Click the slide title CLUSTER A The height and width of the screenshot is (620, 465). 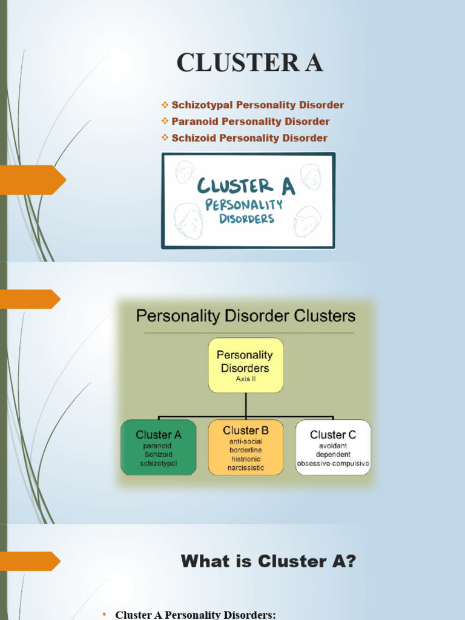coord(249,63)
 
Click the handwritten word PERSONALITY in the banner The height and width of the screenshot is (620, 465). coord(243,205)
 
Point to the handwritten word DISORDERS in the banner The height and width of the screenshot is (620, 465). coord(246,219)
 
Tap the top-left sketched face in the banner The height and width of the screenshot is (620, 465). coord(183,172)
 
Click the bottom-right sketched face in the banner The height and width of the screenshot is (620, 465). coord(306,222)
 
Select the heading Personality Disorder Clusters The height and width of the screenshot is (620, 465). coord(245,316)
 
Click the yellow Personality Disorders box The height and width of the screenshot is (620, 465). coord(245,364)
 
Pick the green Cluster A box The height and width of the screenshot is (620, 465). coord(158,447)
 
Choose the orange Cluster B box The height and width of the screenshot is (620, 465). coord(245,447)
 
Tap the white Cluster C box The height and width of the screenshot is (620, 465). coord(333,447)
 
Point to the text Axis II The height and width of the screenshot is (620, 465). coord(245,380)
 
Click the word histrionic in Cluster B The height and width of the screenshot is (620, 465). coord(245,459)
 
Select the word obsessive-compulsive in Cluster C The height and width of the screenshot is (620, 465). coord(333,464)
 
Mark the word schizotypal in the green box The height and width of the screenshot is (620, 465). coord(158,464)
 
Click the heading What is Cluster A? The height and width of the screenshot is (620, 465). coord(268,562)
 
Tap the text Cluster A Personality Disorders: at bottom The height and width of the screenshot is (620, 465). coord(195,615)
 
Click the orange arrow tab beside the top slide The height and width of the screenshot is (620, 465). coord(33,180)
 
